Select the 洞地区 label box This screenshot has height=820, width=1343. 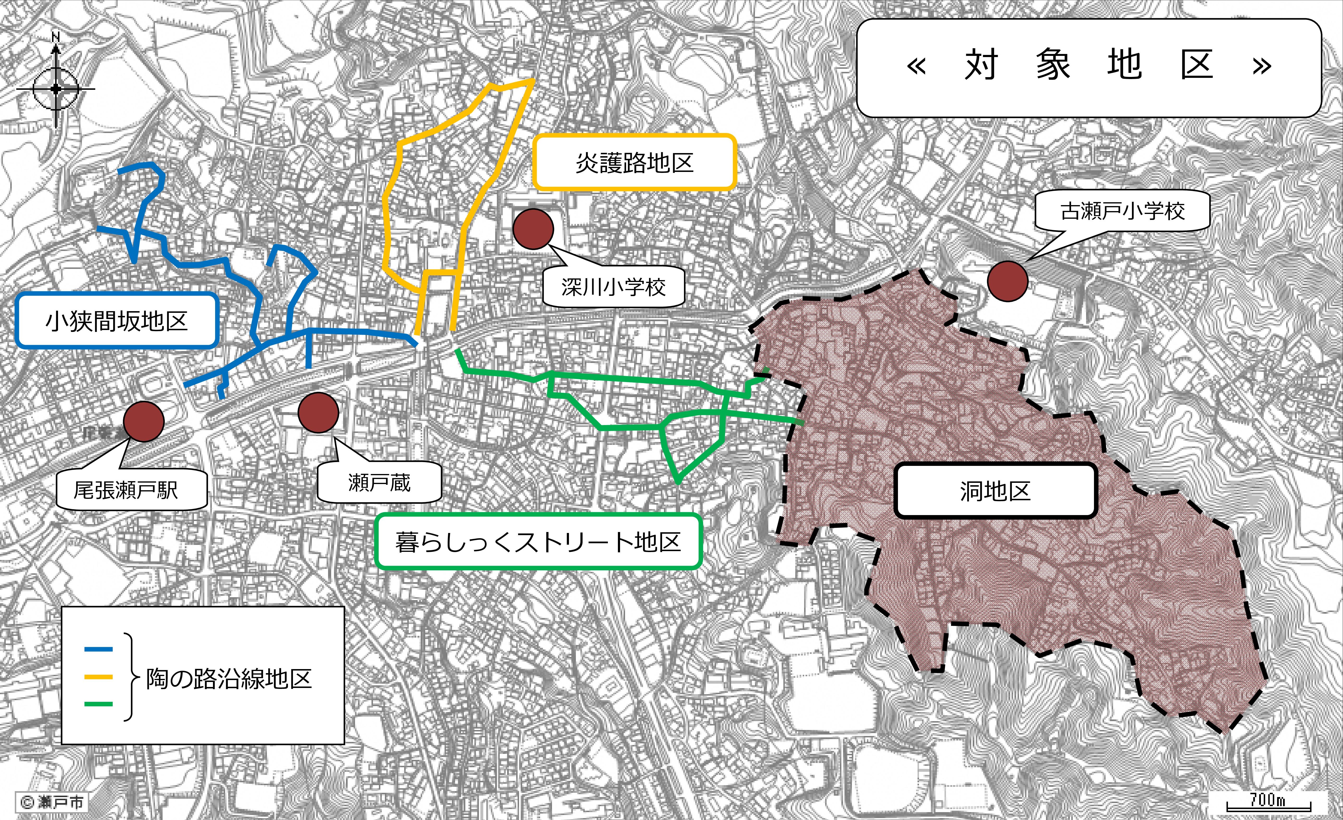click(995, 491)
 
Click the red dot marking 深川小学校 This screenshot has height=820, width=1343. click(533, 229)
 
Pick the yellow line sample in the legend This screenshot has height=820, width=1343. click(99, 677)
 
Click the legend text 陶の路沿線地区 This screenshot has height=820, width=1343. click(229, 679)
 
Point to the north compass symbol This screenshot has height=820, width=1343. click(56, 87)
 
